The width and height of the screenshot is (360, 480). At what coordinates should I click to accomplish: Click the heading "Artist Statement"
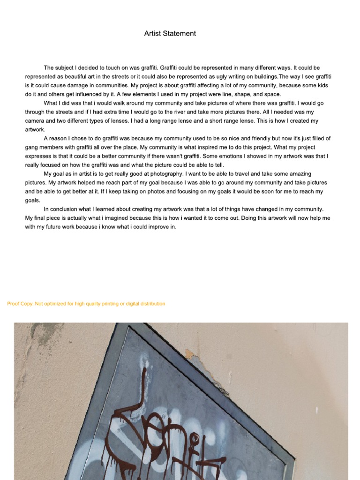(170, 34)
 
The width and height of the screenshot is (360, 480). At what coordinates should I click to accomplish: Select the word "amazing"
(298, 174)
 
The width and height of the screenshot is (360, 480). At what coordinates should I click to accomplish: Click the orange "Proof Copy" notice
(86, 304)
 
